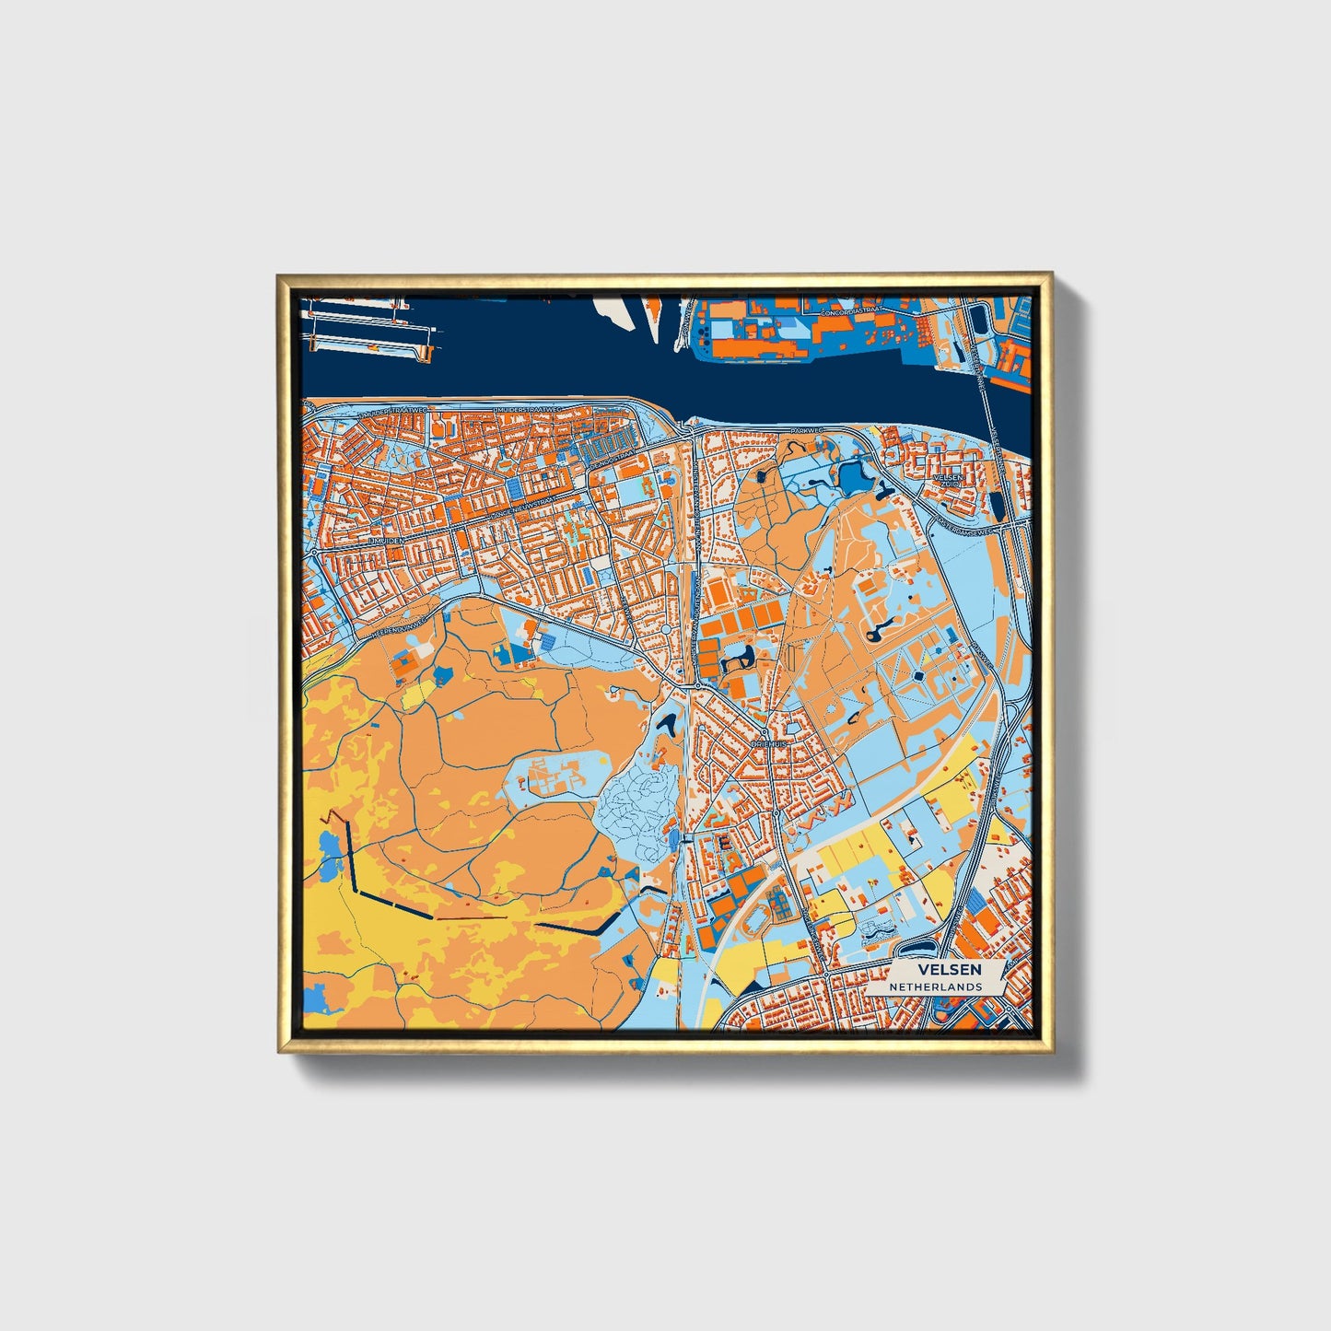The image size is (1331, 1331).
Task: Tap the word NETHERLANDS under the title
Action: [935, 987]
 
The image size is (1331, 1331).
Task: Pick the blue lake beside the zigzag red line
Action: [329, 844]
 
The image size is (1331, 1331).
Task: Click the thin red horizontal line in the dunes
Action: [470, 917]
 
